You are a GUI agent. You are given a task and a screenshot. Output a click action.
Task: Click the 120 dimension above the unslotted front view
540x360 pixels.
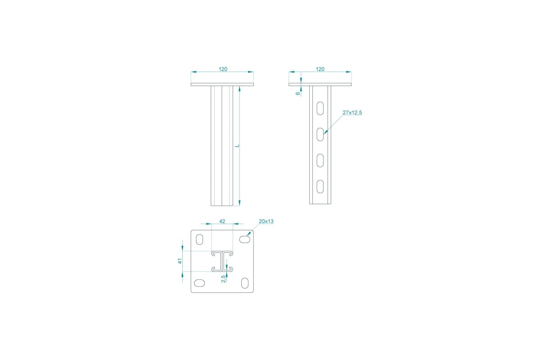(223, 69)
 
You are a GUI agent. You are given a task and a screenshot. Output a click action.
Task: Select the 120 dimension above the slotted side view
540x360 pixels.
(320, 69)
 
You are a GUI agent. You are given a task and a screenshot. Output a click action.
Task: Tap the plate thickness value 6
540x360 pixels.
(298, 93)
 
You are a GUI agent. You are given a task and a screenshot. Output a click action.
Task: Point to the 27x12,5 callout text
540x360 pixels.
(352, 112)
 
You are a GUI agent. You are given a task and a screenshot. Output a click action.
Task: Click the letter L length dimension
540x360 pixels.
(237, 146)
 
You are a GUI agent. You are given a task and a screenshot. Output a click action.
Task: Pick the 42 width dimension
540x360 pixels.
(222, 221)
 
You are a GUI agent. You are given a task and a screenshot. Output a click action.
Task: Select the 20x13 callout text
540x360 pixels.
(266, 221)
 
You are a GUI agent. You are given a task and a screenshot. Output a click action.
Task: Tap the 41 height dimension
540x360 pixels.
(180, 261)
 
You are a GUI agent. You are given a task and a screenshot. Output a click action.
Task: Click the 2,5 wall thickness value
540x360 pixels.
(224, 279)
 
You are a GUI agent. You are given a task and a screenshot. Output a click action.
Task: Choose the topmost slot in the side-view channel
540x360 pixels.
(320, 108)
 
